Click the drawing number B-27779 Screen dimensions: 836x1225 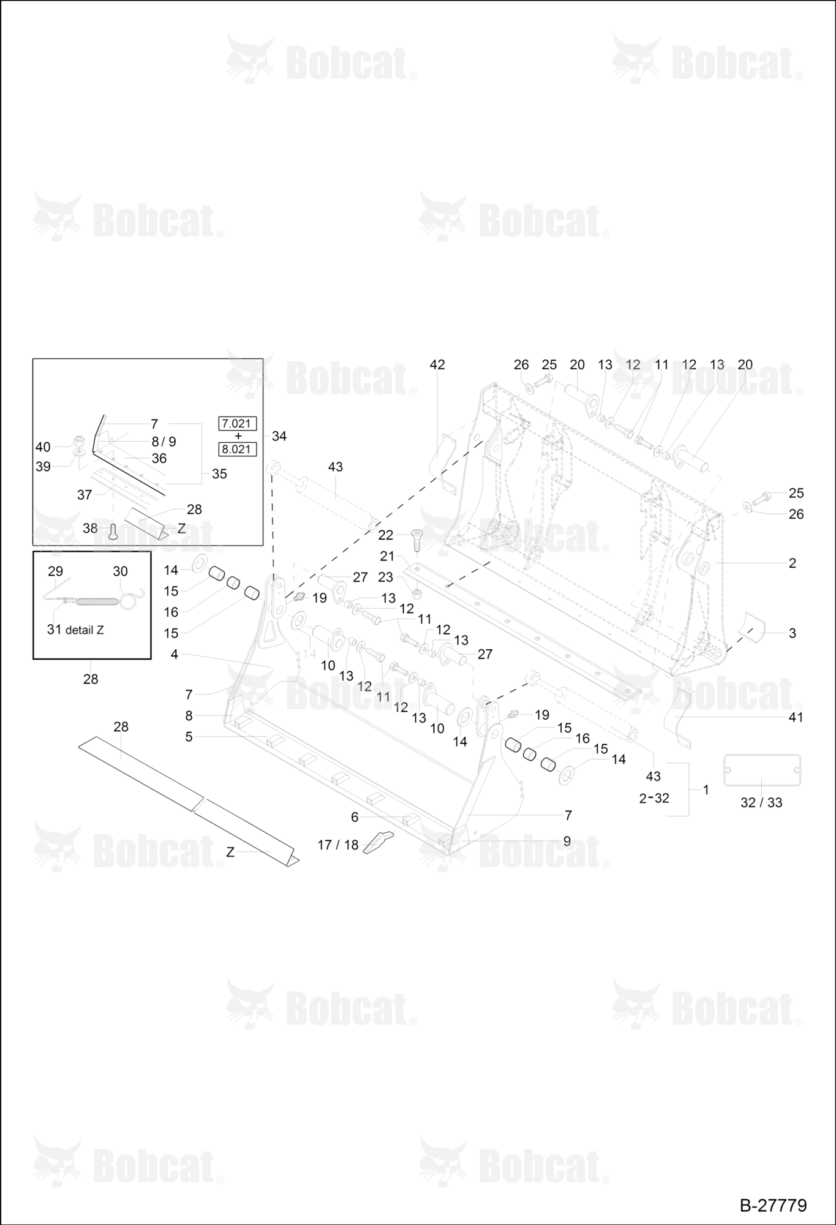pos(773,1205)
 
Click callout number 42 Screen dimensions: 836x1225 pos(437,364)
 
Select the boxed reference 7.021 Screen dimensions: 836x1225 pos(238,423)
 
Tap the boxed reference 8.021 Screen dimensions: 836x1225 pos(238,449)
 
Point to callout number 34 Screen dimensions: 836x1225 pos(279,436)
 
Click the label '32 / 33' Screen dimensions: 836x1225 pos(761,802)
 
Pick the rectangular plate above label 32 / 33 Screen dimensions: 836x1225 pos(763,770)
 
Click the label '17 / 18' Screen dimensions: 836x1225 pos(338,845)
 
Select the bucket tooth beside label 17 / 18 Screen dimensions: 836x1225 pos(378,842)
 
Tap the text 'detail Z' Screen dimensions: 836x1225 pos(85,630)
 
